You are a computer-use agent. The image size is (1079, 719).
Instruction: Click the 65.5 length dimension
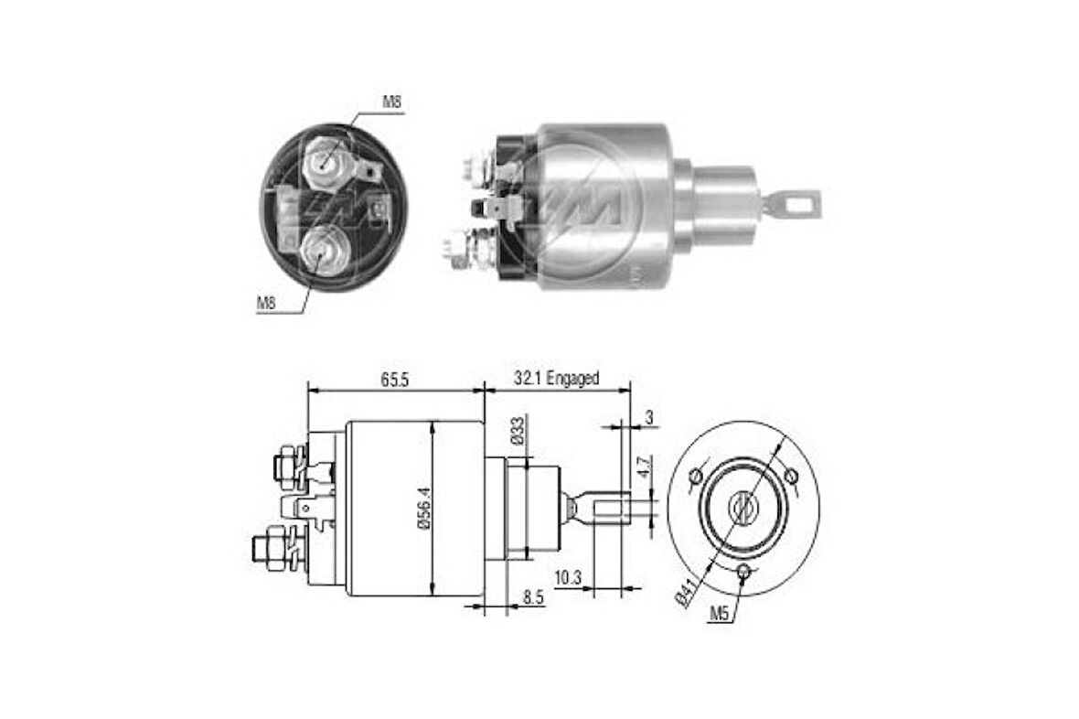pos(394,379)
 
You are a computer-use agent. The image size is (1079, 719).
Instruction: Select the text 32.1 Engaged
pos(555,378)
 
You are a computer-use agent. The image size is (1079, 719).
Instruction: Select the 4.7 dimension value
pos(645,466)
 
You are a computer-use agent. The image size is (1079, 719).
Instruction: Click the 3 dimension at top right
pos(648,417)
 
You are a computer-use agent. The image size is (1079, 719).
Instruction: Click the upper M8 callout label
pos(390,102)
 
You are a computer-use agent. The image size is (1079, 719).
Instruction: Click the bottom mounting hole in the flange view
pos(745,573)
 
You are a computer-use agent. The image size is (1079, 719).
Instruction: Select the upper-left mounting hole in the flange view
pos(697,476)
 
